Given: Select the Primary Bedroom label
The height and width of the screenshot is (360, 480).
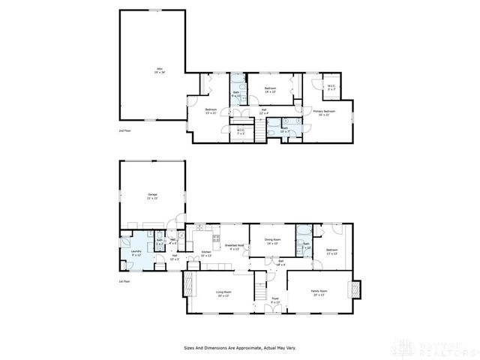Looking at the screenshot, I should tap(323, 112).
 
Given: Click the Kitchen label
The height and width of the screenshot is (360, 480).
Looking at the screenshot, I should tap(206, 254).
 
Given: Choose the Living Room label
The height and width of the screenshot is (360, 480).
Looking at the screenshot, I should tap(223, 293).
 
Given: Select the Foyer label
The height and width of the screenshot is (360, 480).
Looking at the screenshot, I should tap(275, 300).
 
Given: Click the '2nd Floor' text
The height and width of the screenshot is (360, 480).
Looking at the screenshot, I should tap(124, 130).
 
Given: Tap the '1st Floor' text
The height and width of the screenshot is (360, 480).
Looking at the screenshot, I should tap(124, 280).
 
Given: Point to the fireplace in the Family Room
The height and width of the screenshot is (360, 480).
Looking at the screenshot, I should tap(355, 289).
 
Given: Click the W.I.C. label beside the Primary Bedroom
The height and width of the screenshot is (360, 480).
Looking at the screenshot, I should tap(331, 88).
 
